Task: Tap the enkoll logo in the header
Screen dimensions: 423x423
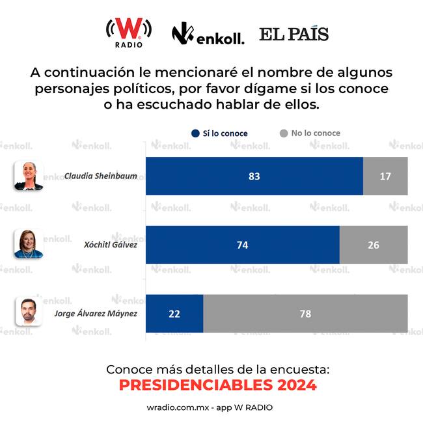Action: tap(208, 34)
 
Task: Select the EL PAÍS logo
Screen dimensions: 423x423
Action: tap(293, 34)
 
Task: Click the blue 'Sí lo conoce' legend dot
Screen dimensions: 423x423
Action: tap(195, 133)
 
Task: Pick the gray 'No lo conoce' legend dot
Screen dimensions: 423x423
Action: tap(283, 133)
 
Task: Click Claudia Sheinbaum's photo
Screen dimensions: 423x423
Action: tap(29, 176)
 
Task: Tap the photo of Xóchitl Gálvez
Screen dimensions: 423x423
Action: tap(29, 244)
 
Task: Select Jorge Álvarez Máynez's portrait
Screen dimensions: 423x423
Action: tap(29, 312)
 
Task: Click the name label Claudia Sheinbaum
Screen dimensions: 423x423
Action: tap(100, 176)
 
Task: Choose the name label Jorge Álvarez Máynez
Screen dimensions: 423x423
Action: tap(95, 313)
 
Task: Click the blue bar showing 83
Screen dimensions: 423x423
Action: tap(254, 176)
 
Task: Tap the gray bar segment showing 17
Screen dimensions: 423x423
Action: tap(385, 176)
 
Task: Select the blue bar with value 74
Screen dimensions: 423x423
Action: tap(242, 245)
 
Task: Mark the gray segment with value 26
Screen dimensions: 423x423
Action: tap(374, 245)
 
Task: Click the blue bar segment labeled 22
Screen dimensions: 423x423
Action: tap(174, 314)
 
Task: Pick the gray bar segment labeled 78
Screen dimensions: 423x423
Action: tap(306, 314)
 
